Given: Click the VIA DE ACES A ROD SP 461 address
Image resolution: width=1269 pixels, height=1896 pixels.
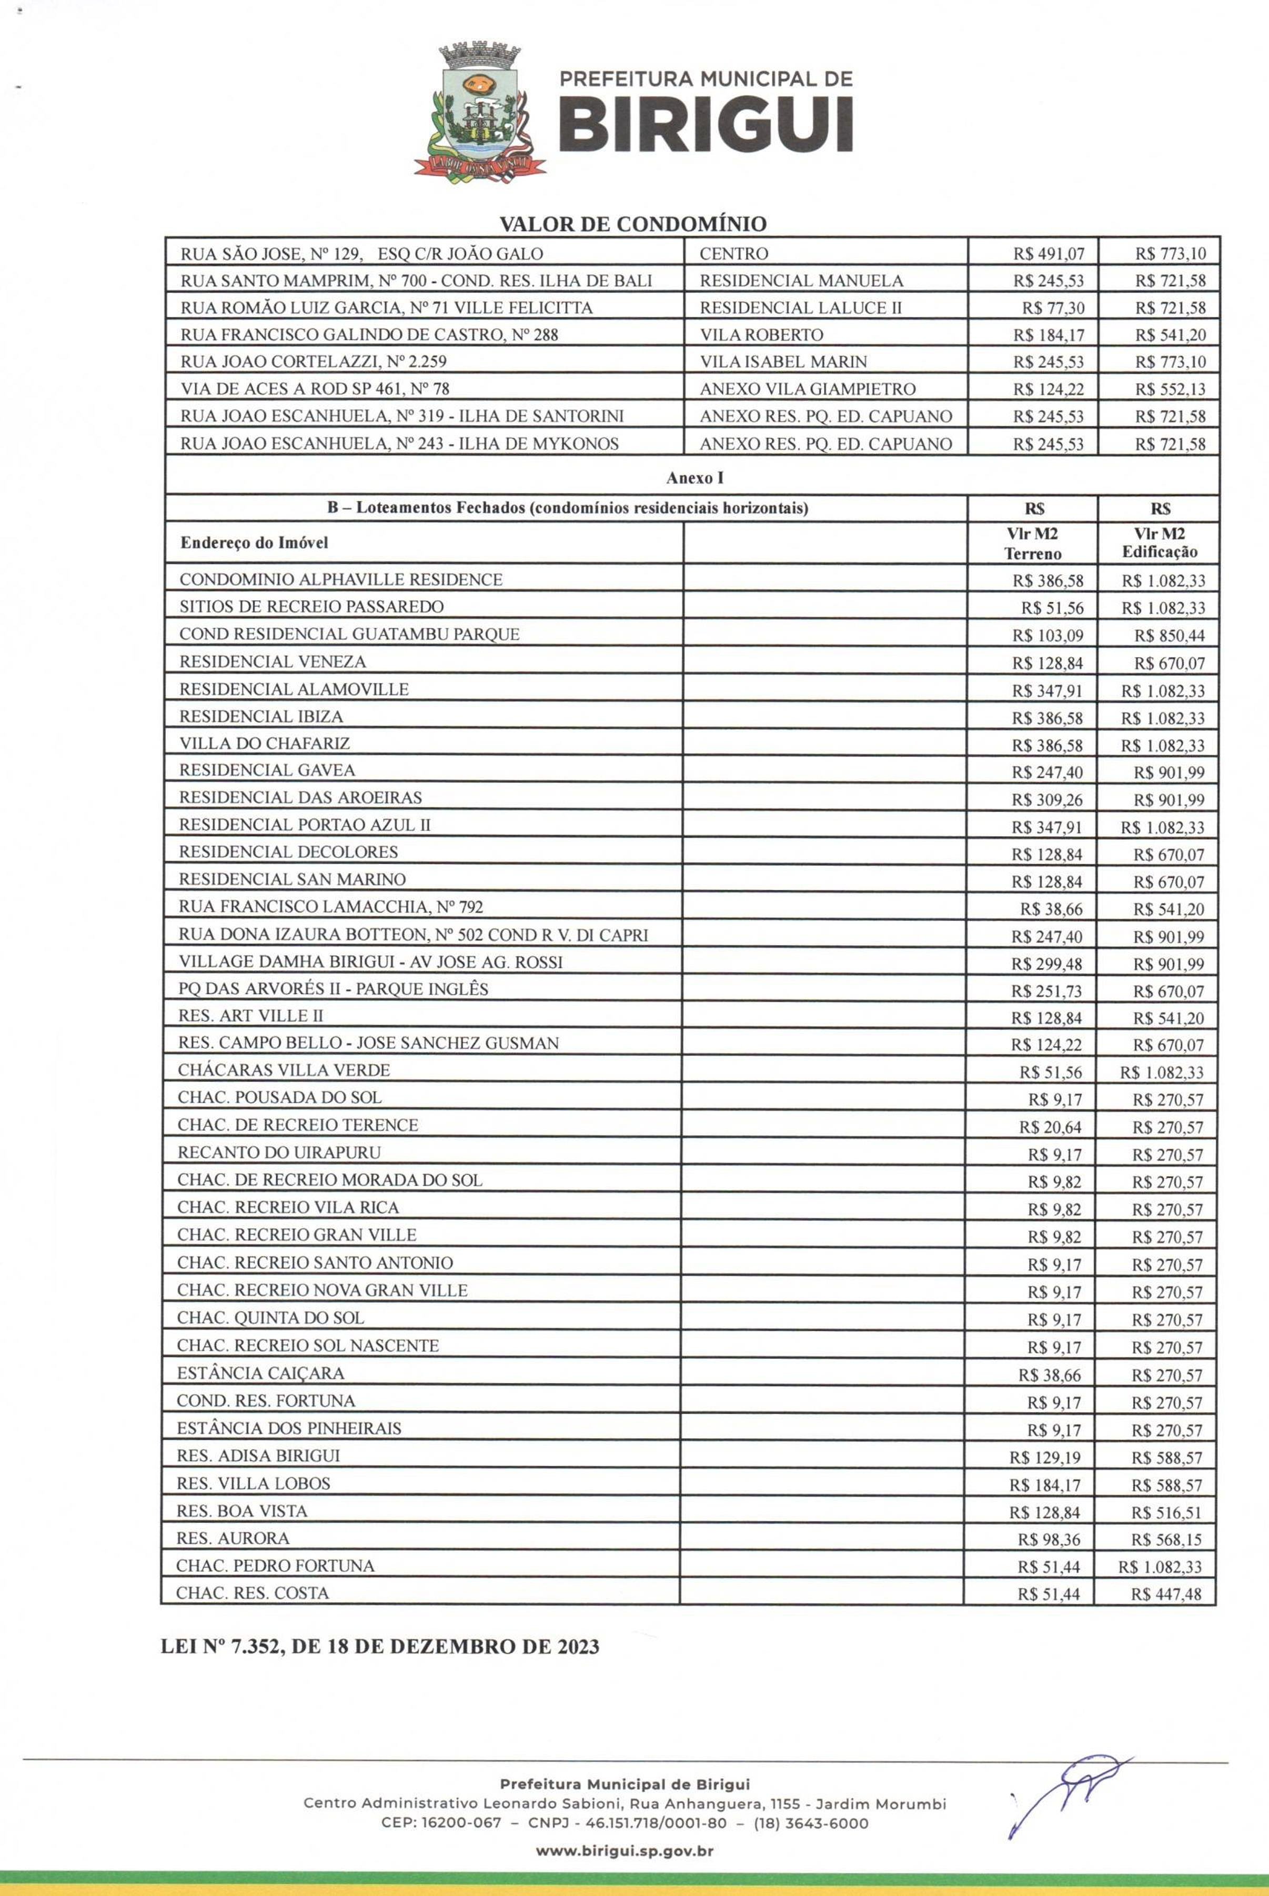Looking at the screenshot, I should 314,388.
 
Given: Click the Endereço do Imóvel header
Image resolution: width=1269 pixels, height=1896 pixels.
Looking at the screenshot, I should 254,543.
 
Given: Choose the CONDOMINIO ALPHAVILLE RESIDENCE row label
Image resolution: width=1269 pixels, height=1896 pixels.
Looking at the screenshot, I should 341,580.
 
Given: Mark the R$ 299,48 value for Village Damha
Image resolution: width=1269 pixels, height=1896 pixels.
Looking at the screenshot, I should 1048,964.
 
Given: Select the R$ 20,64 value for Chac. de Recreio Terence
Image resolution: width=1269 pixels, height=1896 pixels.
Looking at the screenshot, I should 1051,1127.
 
